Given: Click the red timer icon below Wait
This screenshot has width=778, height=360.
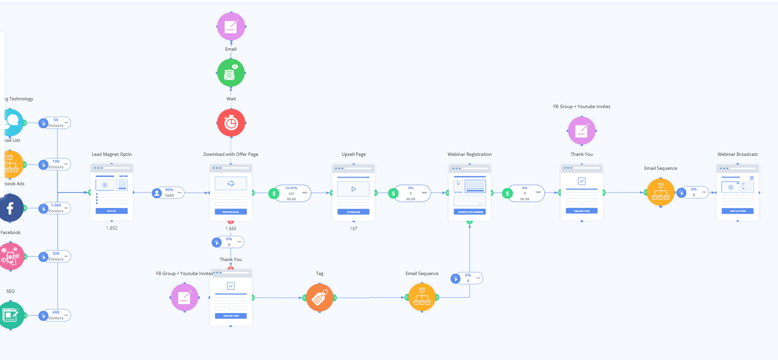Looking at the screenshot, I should tap(231, 123).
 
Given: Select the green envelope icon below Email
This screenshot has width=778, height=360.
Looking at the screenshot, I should tap(231, 73).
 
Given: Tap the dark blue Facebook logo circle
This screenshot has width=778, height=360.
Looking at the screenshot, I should tap(10, 208).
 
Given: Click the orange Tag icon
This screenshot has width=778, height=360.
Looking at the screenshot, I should tap(320, 298).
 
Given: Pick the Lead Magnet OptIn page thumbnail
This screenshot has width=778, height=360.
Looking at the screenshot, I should tap(111, 192).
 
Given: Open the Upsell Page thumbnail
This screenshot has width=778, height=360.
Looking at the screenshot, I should tap(353, 193).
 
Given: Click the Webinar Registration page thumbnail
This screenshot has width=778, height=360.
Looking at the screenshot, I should tap(470, 193).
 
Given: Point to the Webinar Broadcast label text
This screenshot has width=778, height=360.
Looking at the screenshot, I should tap(737, 154).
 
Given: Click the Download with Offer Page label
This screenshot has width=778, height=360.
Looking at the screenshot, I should tap(231, 154).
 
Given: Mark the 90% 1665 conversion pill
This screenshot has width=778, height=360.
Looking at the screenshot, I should tap(168, 193).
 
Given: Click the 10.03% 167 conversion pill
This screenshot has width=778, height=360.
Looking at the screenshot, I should tap(292, 194).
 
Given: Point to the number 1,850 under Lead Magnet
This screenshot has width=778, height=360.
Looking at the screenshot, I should tap(111, 228).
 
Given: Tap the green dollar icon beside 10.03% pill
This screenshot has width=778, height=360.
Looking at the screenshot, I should tap(274, 194).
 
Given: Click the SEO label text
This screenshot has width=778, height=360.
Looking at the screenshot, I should tap(11, 291).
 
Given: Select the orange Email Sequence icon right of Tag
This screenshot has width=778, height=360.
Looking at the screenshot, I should tap(422, 297).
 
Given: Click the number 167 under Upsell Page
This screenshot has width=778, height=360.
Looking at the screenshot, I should tap(354, 229).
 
